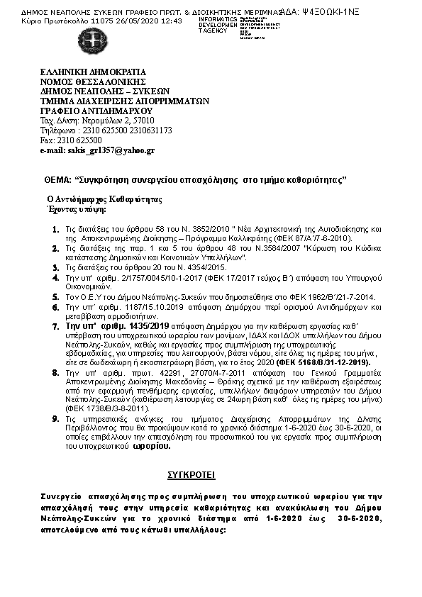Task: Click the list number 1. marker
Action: click(57, 230)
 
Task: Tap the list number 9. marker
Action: click(57, 420)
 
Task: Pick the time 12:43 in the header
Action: click(173, 21)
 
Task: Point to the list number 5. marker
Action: click(57, 296)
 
